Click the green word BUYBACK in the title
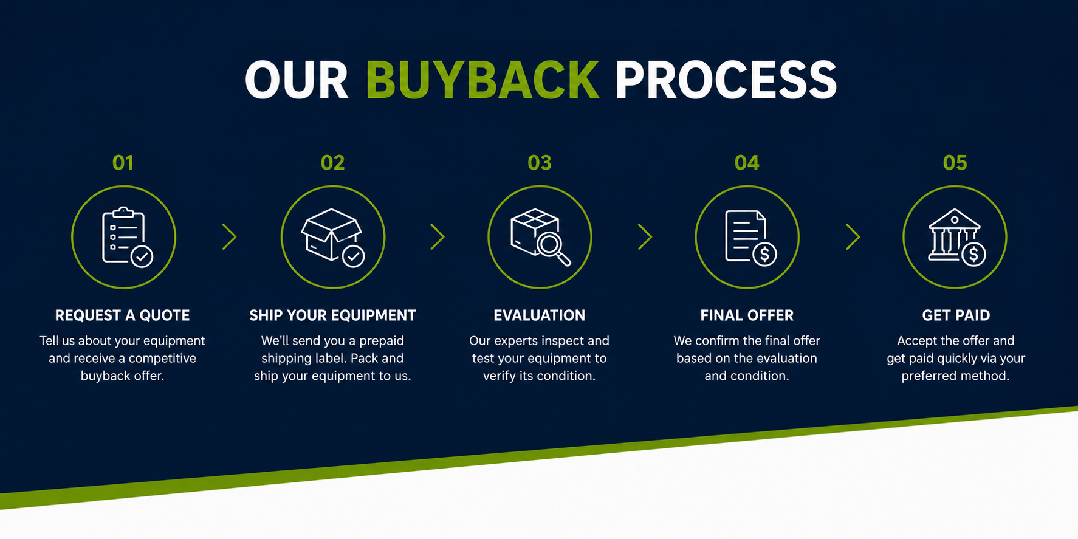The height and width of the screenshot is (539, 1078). click(x=482, y=80)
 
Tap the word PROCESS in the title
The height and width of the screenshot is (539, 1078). click(x=726, y=80)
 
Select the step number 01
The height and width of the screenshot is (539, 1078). click(x=123, y=163)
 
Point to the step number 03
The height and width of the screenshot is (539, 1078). click(x=540, y=163)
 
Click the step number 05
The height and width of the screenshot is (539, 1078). click(x=955, y=163)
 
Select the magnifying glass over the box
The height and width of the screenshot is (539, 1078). click(x=552, y=247)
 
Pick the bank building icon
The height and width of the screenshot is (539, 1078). click(x=956, y=237)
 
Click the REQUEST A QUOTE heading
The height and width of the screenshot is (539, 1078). click(x=123, y=315)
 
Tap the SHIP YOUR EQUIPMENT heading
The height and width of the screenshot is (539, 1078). click(x=332, y=315)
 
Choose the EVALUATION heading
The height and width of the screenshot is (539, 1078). click(x=540, y=315)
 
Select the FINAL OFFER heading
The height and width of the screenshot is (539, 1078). click(x=747, y=315)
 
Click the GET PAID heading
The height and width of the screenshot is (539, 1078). click(x=956, y=315)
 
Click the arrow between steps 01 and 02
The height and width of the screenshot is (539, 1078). click(x=229, y=237)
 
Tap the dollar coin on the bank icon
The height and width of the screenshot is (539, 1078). click(x=973, y=254)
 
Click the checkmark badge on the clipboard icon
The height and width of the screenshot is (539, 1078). click(x=142, y=256)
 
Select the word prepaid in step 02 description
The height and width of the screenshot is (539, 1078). click(x=382, y=341)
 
